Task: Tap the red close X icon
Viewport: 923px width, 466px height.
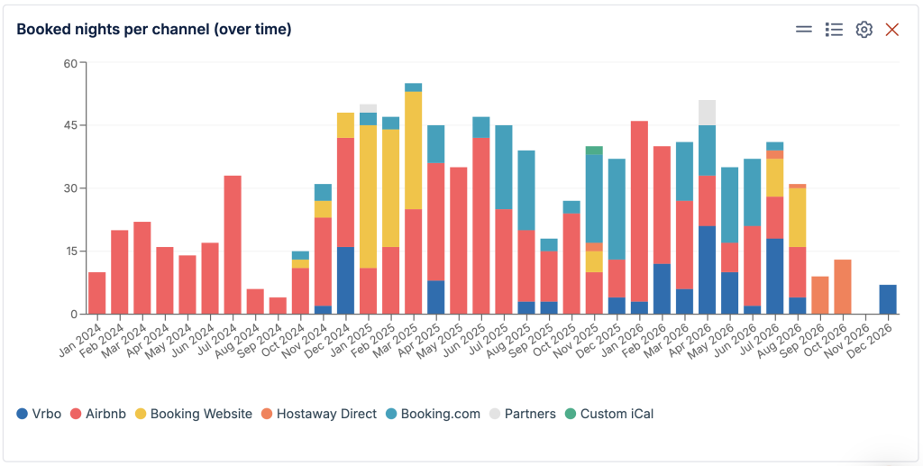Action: (891, 30)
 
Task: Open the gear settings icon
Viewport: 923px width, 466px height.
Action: (864, 30)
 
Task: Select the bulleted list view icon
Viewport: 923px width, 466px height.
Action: (834, 30)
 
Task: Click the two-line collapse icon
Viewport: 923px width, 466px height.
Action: (803, 30)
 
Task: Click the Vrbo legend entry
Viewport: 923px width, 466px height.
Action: (39, 414)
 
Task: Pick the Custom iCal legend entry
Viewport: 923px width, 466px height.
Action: (609, 414)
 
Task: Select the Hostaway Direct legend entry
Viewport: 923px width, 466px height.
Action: (319, 414)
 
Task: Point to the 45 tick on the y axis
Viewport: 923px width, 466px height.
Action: (70, 125)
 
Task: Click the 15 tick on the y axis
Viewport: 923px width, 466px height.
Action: (70, 251)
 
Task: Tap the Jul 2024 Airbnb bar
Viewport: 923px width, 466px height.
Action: (233, 245)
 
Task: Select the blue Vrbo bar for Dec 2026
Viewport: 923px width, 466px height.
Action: (888, 299)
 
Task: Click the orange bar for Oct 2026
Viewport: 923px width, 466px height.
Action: (843, 287)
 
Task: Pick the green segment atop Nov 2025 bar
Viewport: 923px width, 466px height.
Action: (595, 150)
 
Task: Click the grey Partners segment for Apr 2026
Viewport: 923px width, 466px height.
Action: (707, 113)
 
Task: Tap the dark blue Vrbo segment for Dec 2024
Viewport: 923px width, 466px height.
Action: (345, 280)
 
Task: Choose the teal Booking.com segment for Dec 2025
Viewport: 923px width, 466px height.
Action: (617, 209)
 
